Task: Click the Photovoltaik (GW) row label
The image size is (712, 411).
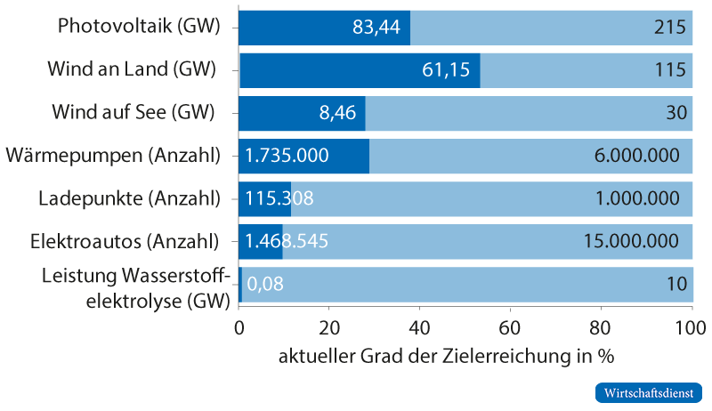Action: pos(138,26)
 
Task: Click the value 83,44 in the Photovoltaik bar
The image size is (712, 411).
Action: pos(376,27)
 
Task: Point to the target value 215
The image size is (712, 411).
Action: pos(672,27)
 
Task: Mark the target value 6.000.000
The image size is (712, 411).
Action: pos(635,156)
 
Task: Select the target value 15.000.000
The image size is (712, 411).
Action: pos(631,241)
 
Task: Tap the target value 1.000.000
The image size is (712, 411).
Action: pos(638,198)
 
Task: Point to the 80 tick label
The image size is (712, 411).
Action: pos(601,326)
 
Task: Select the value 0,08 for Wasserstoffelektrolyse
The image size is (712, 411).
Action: pos(265,285)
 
